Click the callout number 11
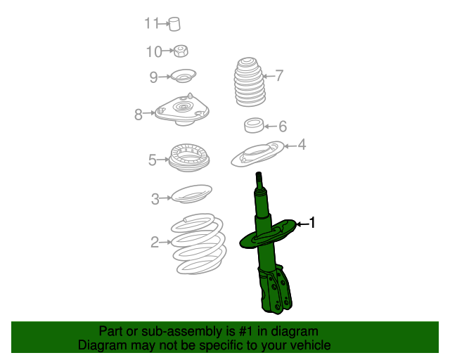click(152, 24)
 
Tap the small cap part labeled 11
click(175, 24)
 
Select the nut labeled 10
click(180, 51)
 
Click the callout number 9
click(153, 77)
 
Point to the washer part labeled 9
click(184, 76)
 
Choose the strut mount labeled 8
click(183, 111)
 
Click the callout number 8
click(139, 112)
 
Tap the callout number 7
click(279, 75)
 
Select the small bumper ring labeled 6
click(253, 126)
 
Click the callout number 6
click(283, 127)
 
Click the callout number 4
click(302, 145)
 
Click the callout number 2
click(154, 243)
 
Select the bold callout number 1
click(313, 224)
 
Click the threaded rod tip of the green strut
click(259, 179)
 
